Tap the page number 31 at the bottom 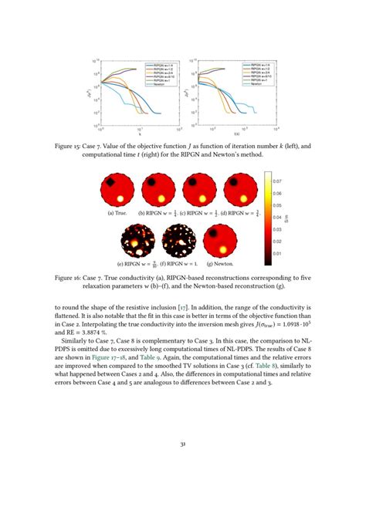[183, 465]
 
